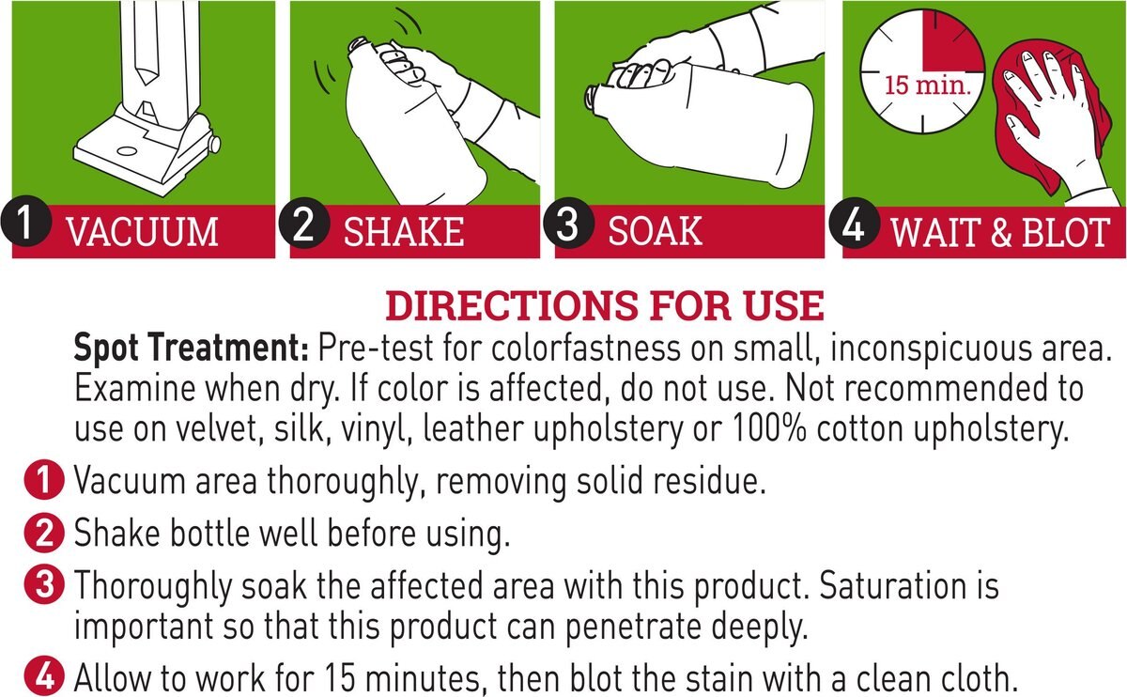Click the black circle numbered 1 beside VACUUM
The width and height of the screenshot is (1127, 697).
pos(26,221)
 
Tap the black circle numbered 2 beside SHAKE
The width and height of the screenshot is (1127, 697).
pos(304,223)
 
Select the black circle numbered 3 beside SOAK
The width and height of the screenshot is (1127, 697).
pos(568,223)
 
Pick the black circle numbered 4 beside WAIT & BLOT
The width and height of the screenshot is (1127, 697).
pos(855,224)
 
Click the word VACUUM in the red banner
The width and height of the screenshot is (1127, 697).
pos(143,232)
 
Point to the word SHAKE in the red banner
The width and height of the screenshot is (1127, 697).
pos(404,232)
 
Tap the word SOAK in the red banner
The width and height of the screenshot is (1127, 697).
pos(656,231)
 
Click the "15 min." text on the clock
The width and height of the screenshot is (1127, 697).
pos(927,85)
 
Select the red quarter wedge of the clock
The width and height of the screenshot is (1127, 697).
pos(952,41)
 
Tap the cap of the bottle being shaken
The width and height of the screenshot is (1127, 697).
pos(358,44)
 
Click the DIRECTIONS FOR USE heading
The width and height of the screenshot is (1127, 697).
pos(605,305)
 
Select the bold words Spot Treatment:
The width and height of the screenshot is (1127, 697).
pos(192,348)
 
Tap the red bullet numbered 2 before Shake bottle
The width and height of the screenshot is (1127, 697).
pos(44,533)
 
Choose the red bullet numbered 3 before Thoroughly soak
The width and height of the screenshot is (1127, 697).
pos(44,585)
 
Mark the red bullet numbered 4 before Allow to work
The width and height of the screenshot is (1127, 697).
pos(44,675)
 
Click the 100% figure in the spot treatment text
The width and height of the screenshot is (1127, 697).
pos(769,428)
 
